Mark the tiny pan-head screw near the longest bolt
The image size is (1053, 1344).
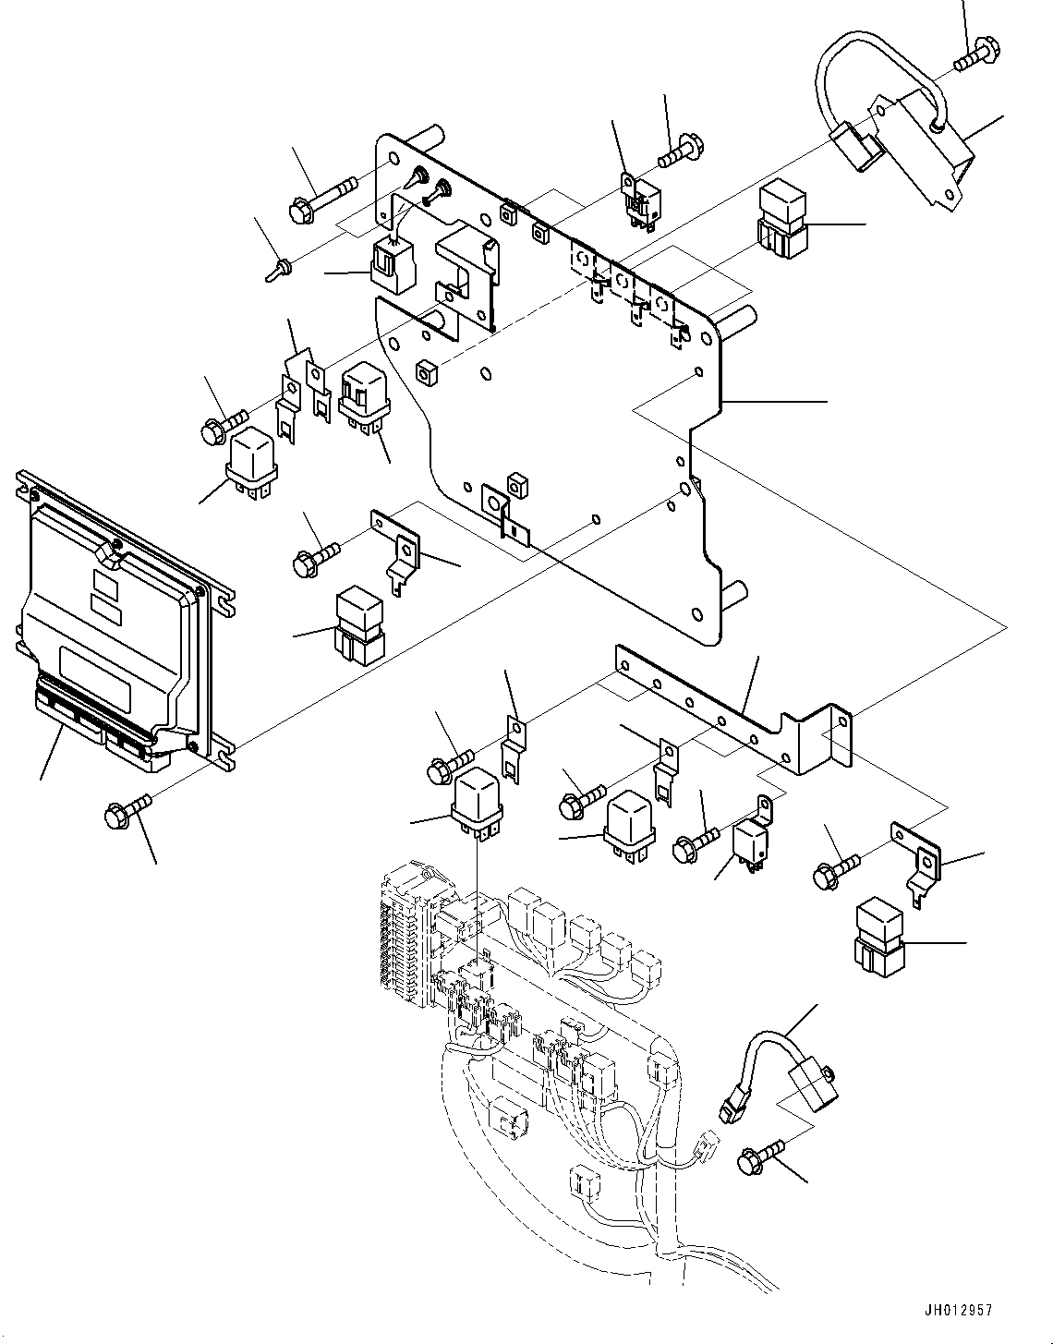pyautogui.click(x=277, y=270)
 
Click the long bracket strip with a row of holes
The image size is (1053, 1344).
pyautogui.click(x=730, y=707)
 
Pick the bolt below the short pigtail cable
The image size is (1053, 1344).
pyautogui.click(x=760, y=1154)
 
